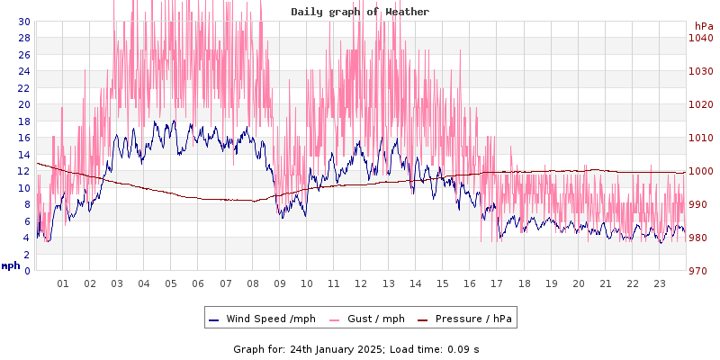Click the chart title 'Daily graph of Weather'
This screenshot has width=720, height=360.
[x=360, y=12]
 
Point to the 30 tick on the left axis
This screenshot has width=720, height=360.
[x=23, y=21]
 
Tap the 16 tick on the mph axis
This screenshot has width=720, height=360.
[x=23, y=138]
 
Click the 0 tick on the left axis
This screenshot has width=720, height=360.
[x=26, y=271]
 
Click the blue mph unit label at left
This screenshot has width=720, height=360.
[x=11, y=265]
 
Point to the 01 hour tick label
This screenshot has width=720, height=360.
[x=63, y=283]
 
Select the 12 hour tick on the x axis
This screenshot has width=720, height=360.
[x=361, y=283]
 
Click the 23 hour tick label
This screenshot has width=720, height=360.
[x=659, y=283]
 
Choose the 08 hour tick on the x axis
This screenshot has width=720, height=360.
[x=253, y=283]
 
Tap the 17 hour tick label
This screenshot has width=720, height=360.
[x=497, y=283]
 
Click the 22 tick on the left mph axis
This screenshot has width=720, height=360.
[x=23, y=87]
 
